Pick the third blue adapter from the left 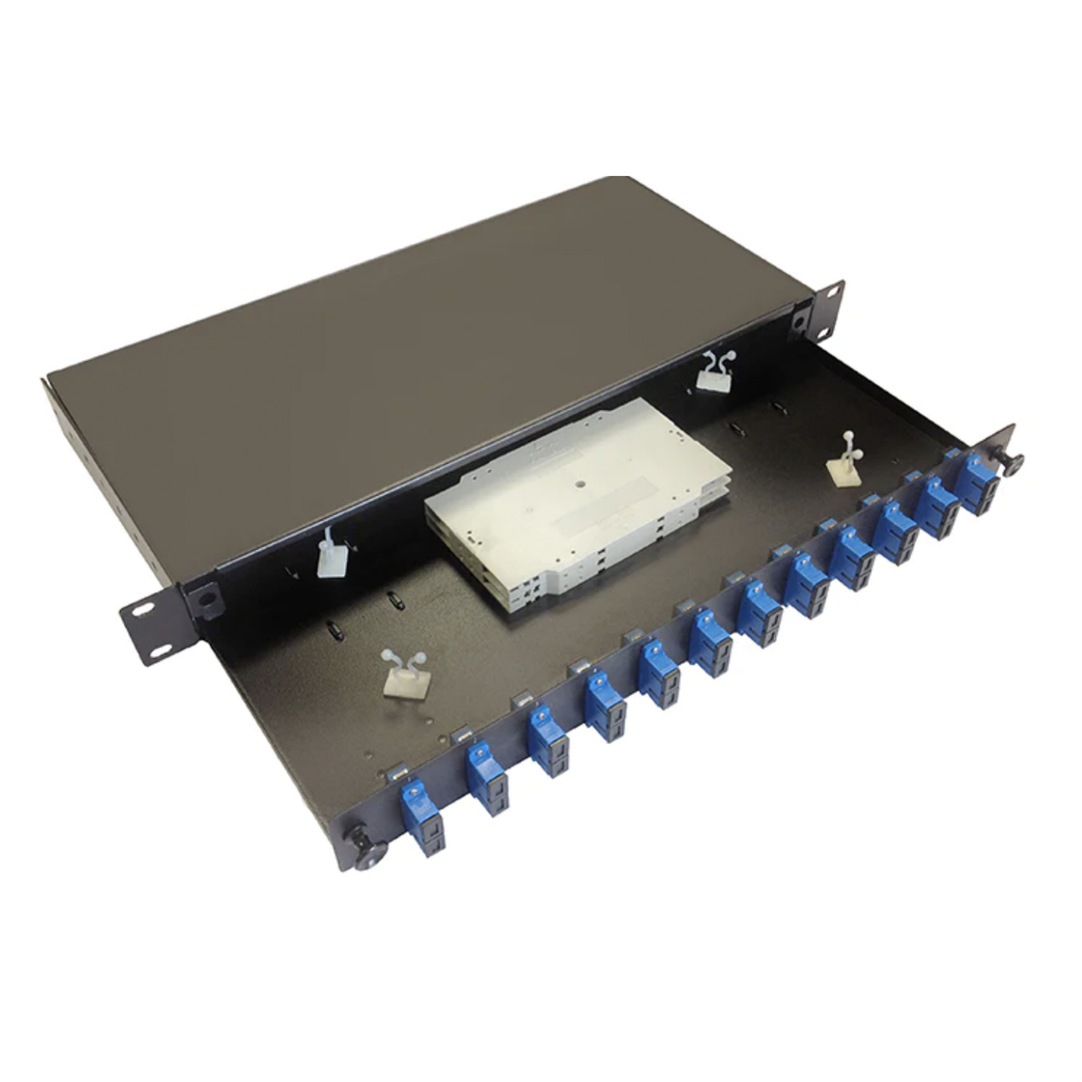pos(548,741)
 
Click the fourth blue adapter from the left pos(606,706)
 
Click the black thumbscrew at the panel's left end pos(368,853)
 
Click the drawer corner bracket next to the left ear pos(204,600)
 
